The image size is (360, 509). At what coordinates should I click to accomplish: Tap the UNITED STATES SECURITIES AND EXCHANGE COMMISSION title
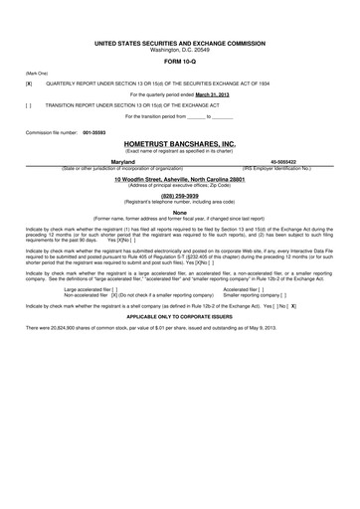pyautogui.click(x=179, y=45)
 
